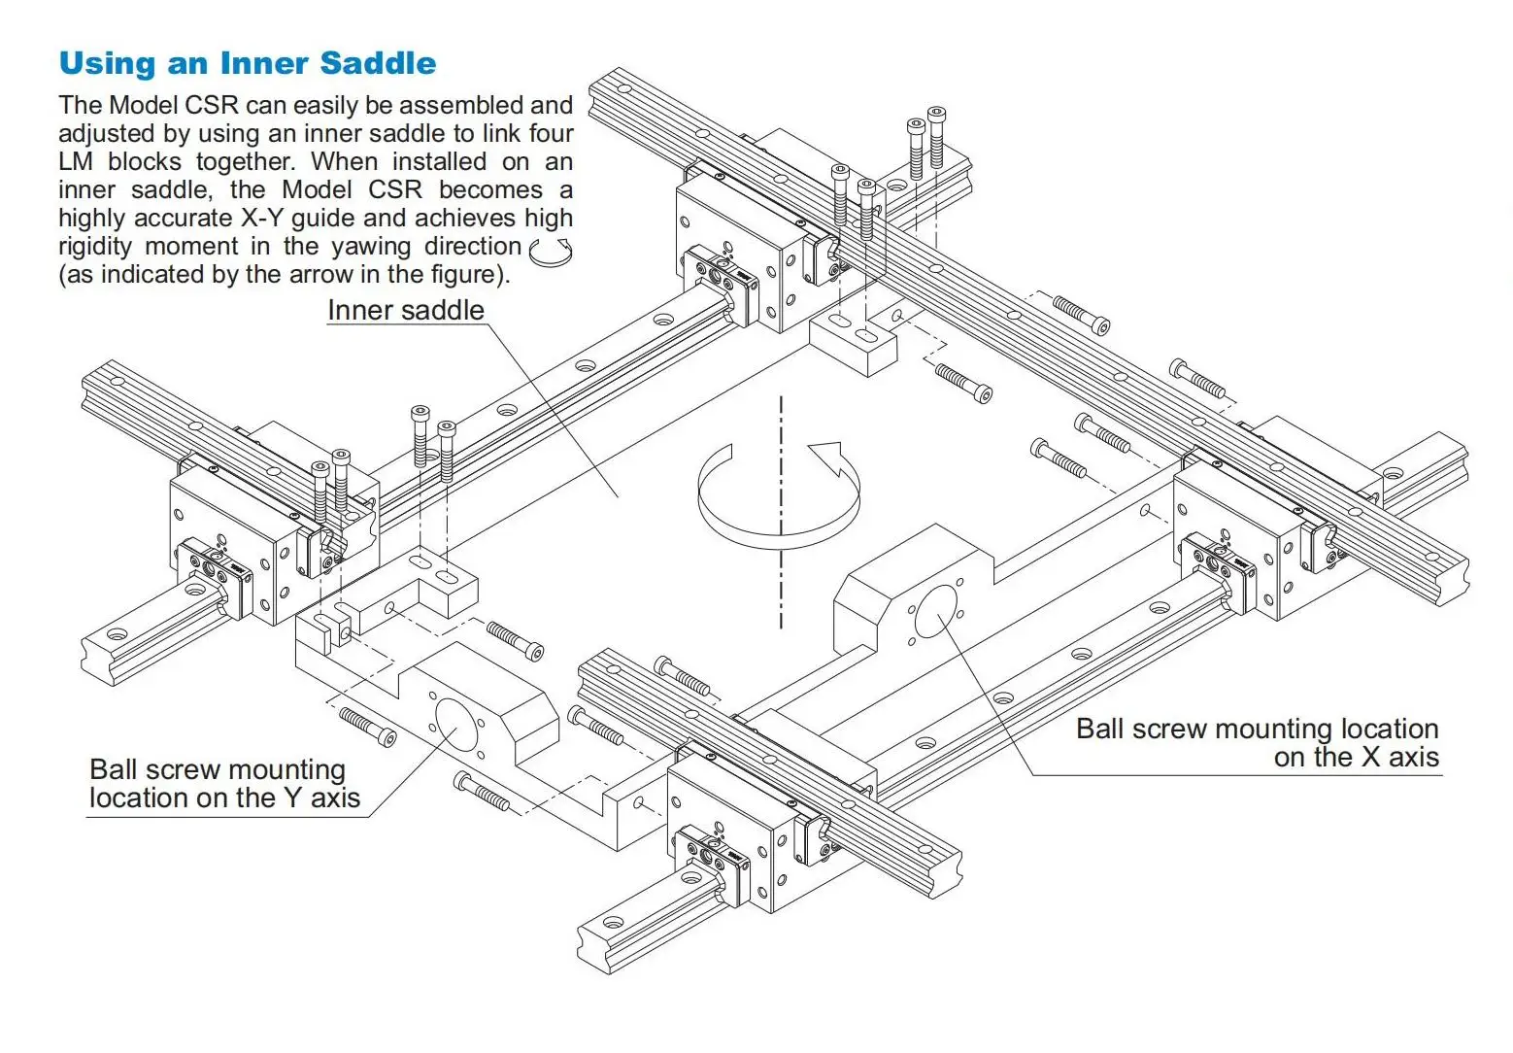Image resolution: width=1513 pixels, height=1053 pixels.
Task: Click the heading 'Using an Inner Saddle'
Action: click(x=248, y=63)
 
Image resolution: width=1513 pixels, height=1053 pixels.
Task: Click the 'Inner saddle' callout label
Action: click(x=405, y=310)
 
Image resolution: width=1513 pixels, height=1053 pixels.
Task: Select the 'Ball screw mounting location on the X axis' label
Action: click(x=1257, y=743)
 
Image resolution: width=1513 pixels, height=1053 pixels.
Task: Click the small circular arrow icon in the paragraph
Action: click(x=551, y=251)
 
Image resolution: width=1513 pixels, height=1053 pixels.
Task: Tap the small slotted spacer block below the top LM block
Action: click(x=851, y=340)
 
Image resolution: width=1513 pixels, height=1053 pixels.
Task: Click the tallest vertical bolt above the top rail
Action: click(x=936, y=136)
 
